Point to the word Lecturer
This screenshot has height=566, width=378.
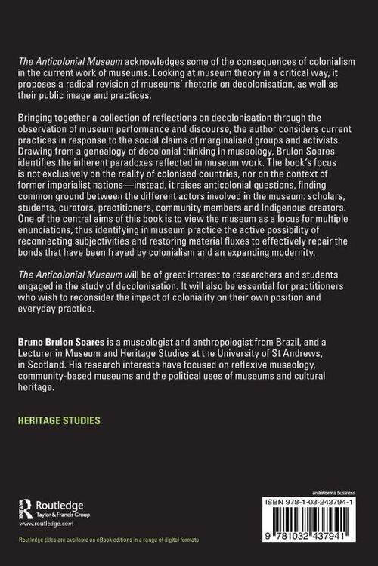(x=45, y=352)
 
